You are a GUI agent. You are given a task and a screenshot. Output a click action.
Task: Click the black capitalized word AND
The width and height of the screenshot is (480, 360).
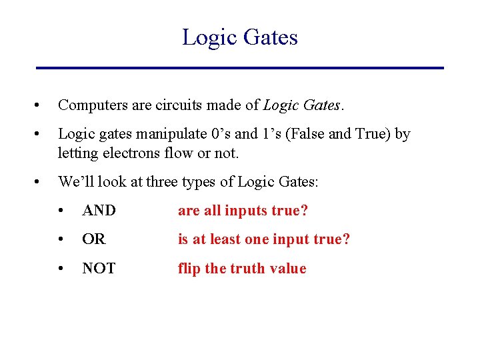[99, 211]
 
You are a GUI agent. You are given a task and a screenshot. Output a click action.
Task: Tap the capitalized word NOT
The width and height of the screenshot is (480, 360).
[99, 269]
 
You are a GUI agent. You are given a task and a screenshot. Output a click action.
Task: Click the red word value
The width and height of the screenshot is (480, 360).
[289, 269]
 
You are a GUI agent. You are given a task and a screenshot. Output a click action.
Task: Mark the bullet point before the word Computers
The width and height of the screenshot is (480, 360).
[42, 105]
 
